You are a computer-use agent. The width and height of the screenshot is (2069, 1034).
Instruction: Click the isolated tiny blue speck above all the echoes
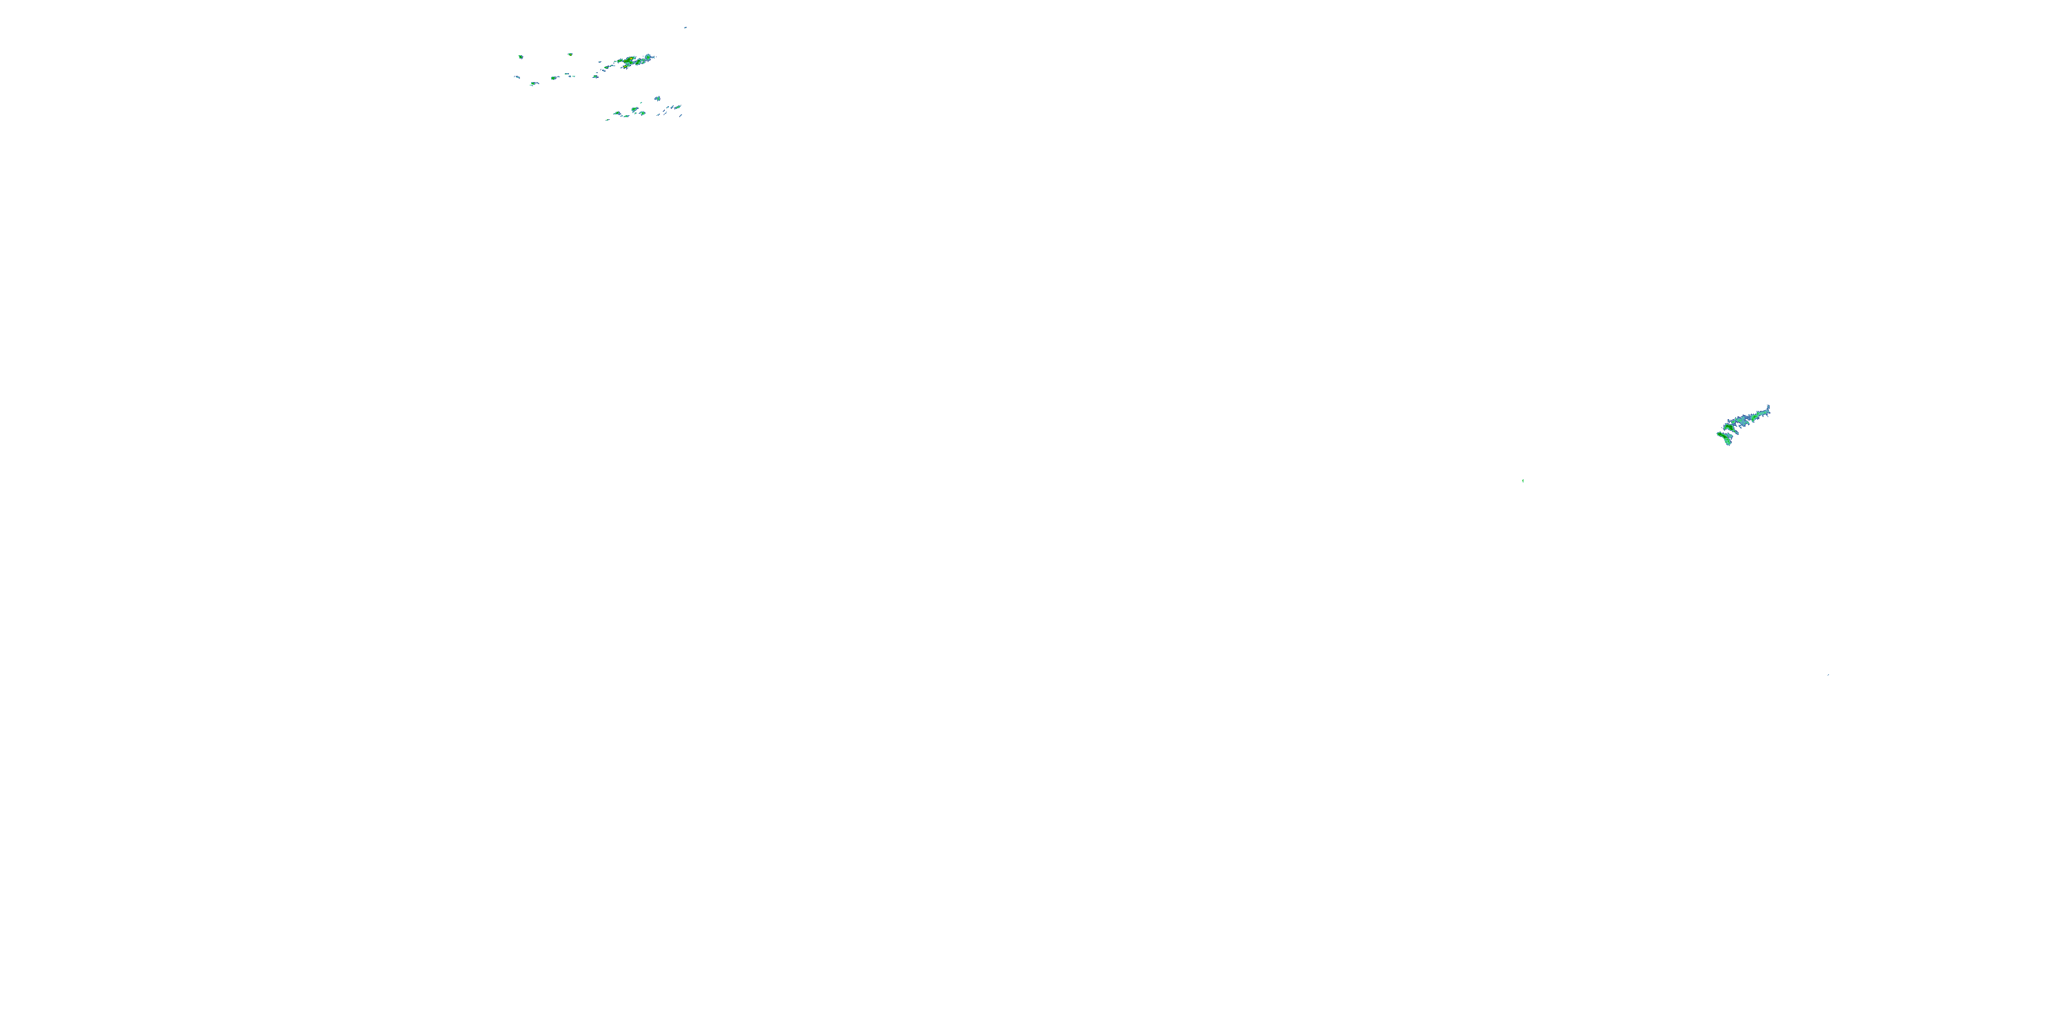click(686, 28)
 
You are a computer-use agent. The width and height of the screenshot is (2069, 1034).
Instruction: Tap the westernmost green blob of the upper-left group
click(521, 57)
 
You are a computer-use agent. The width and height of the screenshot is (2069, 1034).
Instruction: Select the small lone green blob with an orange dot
click(570, 54)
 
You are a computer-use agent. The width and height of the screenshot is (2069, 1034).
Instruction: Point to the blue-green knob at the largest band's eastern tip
click(648, 57)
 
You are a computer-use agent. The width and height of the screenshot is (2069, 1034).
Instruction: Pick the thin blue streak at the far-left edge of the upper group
click(518, 77)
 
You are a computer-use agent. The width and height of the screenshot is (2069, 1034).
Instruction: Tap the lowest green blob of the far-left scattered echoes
click(533, 83)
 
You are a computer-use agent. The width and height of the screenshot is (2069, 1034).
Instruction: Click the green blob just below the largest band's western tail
click(596, 77)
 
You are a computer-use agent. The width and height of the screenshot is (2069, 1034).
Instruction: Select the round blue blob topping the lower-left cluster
click(658, 99)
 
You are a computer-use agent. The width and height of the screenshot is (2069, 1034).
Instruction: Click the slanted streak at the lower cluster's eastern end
click(681, 116)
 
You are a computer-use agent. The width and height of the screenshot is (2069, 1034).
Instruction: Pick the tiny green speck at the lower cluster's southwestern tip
click(608, 120)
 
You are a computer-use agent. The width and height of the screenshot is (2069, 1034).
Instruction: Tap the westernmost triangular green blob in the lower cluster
click(618, 113)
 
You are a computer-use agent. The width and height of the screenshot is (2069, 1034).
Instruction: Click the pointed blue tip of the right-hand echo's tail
click(1768, 406)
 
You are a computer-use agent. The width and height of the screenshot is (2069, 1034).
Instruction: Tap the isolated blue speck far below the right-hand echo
click(1828, 674)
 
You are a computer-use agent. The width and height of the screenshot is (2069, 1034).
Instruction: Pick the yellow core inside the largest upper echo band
click(631, 59)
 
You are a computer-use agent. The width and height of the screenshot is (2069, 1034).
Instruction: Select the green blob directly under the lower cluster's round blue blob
click(643, 113)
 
